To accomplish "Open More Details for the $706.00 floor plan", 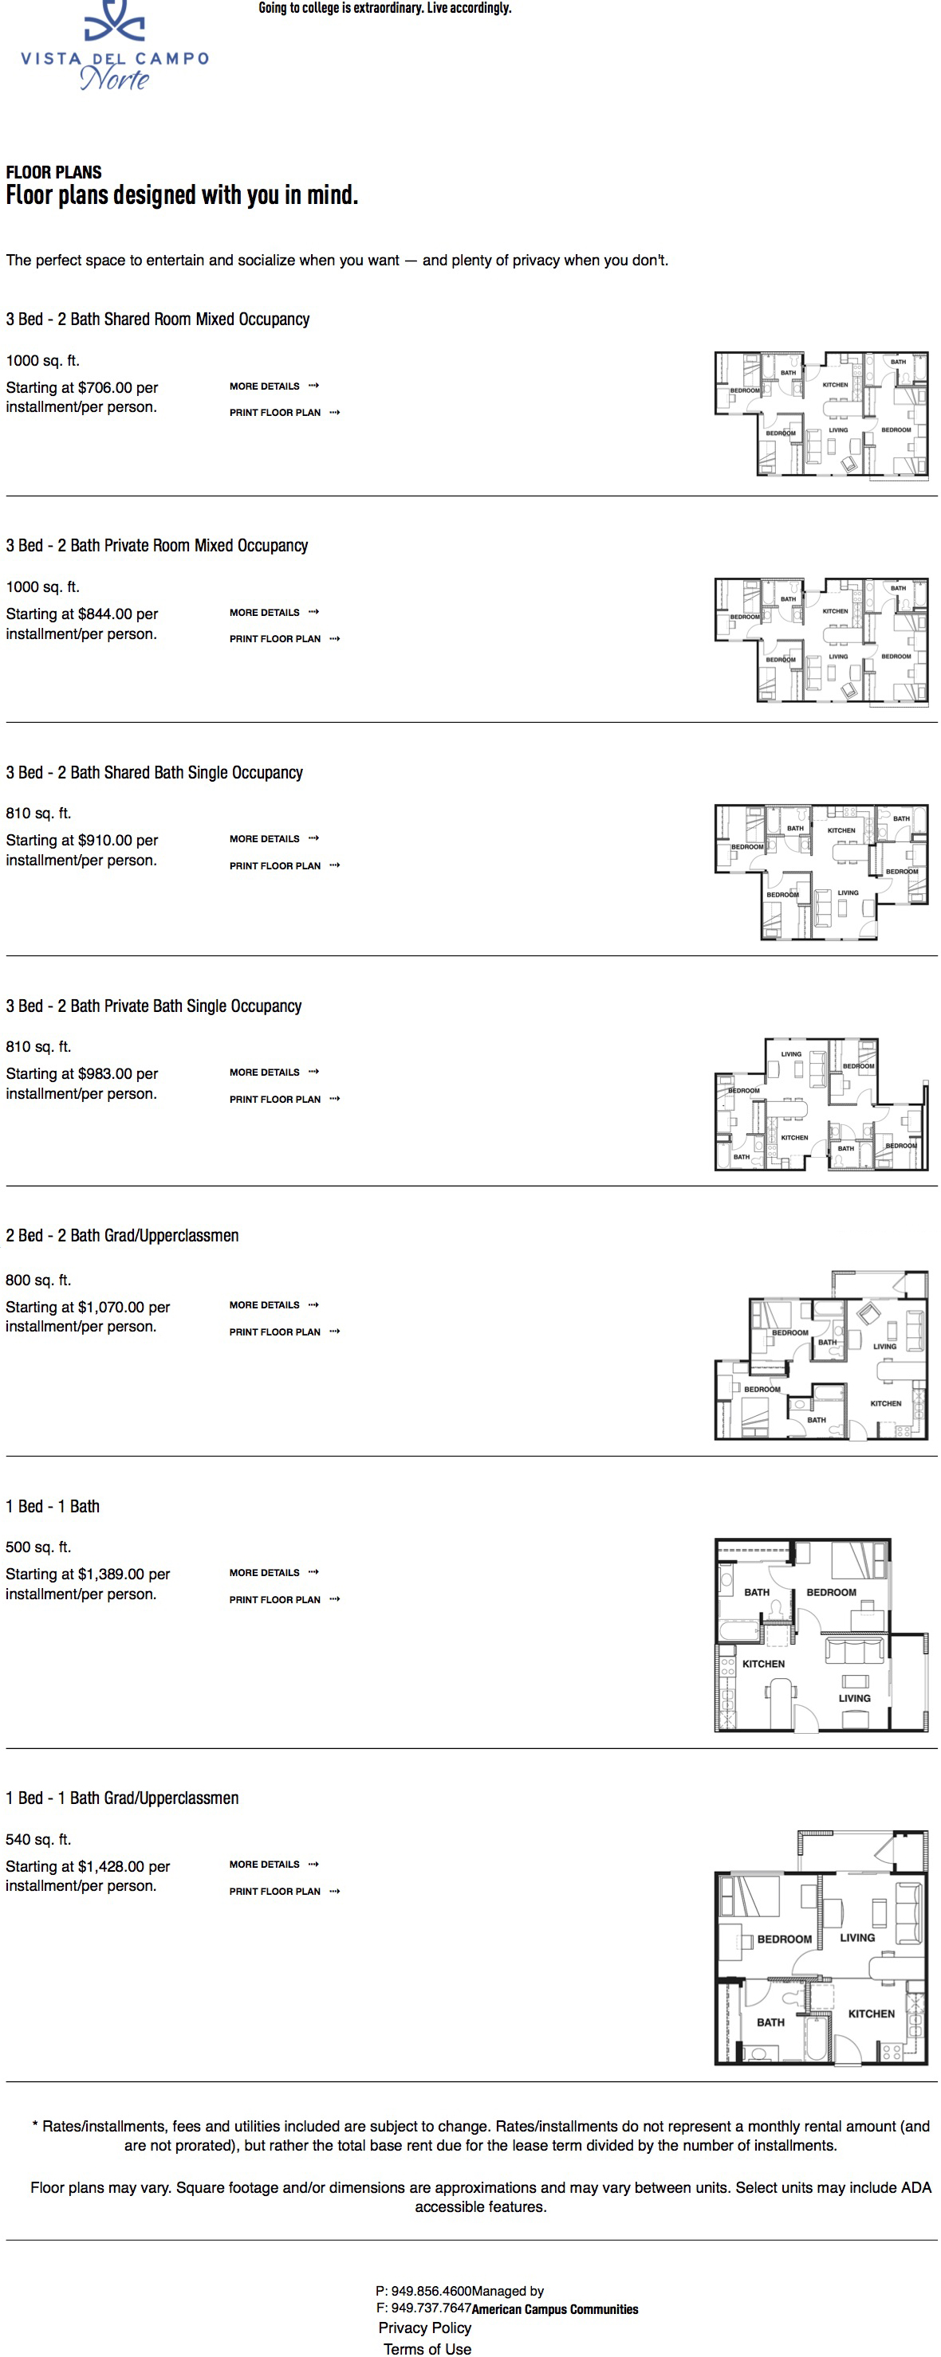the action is pyautogui.click(x=274, y=386).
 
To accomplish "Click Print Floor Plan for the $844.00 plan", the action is pyautogui.click(x=285, y=639).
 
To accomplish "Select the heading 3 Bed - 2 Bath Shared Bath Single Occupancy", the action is pyautogui.click(x=154, y=772).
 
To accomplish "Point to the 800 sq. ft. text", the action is pyautogui.click(x=38, y=1280).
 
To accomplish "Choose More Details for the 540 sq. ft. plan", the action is pyautogui.click(x=274, y=1864).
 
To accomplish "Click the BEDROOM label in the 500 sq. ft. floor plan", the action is pyautogui.click(x=831, y=1592).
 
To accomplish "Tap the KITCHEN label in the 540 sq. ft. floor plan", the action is pyautogui.click(x=872, y=2014).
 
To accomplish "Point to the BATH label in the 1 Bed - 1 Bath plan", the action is pyautogui.click(x=757, y=1592).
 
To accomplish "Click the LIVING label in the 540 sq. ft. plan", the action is pyautogui.click(x=856, y=1938).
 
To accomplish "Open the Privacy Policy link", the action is pyautogui.click(x=425, y=2328).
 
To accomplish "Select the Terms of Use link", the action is pyautogui.click(x=427, y=2349).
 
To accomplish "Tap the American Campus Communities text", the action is pyautogui.click(x=555, y=2309).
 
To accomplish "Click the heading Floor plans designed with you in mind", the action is pyautogui.click(x=181, y=195).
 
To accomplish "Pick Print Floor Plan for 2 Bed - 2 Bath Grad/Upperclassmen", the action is pyautogui.click(x=285, y=1332).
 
